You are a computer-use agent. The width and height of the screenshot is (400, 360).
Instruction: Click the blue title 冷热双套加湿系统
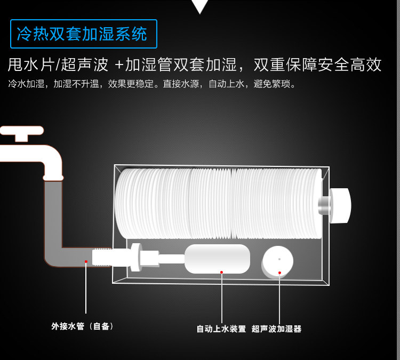tap(82, 34)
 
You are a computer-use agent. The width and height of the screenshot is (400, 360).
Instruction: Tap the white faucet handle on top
tap(22, 132)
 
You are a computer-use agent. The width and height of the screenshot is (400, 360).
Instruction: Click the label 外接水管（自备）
tap(82, 326)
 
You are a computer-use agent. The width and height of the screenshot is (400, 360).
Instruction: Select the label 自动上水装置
tap(221, 329)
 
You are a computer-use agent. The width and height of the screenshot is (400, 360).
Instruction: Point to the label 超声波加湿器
tap(276, 329)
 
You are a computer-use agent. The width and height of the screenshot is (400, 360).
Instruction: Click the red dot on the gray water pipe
tap(86, 261)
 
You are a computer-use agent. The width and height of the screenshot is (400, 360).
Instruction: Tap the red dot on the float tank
tap(221, 272)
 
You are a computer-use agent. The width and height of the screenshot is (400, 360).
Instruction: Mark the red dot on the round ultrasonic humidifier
tap(279, 273)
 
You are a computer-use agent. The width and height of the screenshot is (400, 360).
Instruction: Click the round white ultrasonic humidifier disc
tap(277, 262)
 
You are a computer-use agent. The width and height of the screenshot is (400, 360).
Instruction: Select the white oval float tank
tap(217, 259)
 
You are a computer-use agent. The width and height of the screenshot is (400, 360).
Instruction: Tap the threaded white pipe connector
tap(102, 258)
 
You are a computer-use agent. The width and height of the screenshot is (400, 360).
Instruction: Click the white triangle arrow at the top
tap(200, 6)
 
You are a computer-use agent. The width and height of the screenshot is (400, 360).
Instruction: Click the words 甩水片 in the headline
tap(31, 65)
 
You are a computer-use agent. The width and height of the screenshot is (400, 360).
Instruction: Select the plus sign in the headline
tap(119, 65)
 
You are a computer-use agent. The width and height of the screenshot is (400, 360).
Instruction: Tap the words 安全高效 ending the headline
tap(350, 65)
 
